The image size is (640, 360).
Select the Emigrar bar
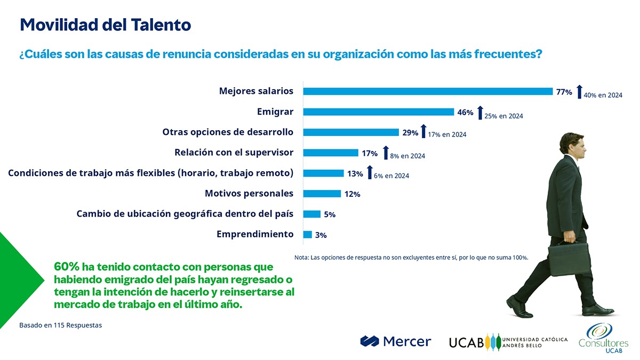point(378,112)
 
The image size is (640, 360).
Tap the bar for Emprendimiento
point(307,234)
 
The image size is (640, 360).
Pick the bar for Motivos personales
point(322,194)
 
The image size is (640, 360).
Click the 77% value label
point(564,92)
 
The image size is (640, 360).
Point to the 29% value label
point(410,133)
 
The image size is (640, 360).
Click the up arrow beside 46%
point(480,113)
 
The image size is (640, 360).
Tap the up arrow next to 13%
point(370,173)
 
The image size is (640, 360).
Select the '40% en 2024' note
point(603,95)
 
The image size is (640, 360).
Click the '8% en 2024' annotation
point(407,156)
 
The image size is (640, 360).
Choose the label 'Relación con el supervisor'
point(234,153)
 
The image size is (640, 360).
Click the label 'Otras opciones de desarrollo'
point(228,132)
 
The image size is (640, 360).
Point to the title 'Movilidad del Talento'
point(105,25)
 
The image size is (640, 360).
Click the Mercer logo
point(395,341)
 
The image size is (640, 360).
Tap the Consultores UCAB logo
point(603,338)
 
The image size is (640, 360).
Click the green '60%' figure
point(67,266)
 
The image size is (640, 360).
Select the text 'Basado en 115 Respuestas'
point(60,325)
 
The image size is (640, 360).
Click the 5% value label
point(330,214)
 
